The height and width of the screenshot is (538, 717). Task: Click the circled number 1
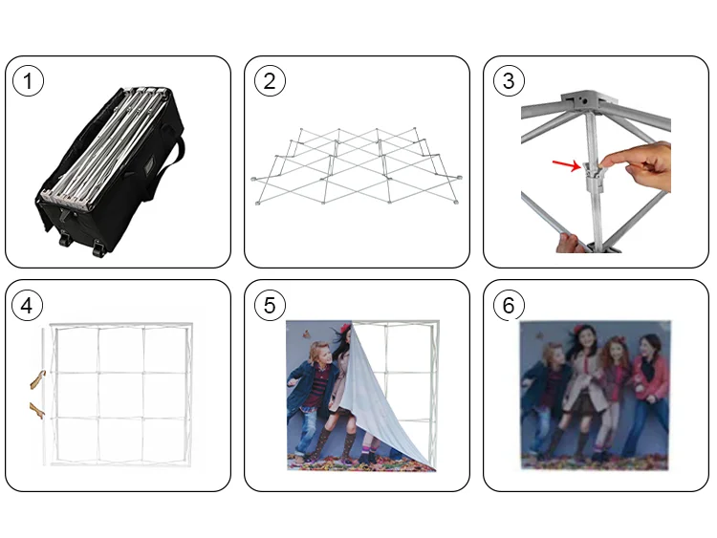pyautogui.click(x=28, y=81)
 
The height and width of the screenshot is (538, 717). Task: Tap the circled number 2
pyautogui.click(x=270, y=81)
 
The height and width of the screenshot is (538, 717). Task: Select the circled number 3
pyautogui.click(x=509, y=81)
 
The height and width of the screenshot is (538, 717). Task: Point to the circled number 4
pyautogui.click(x=27, y=306)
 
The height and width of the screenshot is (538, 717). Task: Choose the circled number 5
pyautogui.click(x=270, y=306)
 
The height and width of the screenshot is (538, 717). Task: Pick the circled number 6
pyautogui.click(x=509, y=306)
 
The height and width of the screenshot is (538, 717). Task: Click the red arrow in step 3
pyautogui.click(x=566, y=165)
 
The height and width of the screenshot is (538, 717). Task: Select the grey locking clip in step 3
pyautogui.click(x=594, y=176)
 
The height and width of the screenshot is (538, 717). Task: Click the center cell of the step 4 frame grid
pyautogui.click(x=120, y=395)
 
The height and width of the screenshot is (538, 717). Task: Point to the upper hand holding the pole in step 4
pyautogui.click(x=37, y=379)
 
